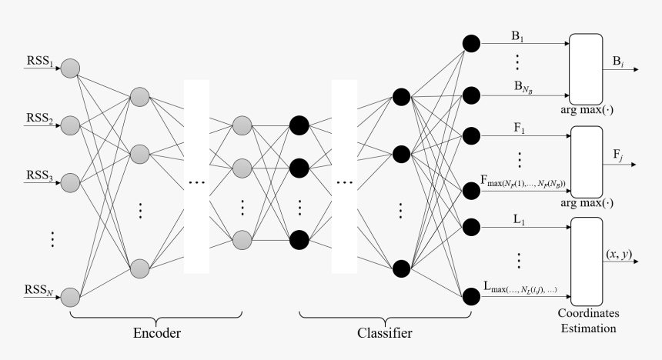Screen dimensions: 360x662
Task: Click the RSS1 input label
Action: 38,61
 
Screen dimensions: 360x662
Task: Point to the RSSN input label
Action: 38,290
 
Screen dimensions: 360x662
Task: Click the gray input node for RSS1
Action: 70,68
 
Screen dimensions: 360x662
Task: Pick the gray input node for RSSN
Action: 70,296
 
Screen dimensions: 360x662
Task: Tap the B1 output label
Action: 518,36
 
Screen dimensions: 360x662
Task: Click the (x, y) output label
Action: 619,253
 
